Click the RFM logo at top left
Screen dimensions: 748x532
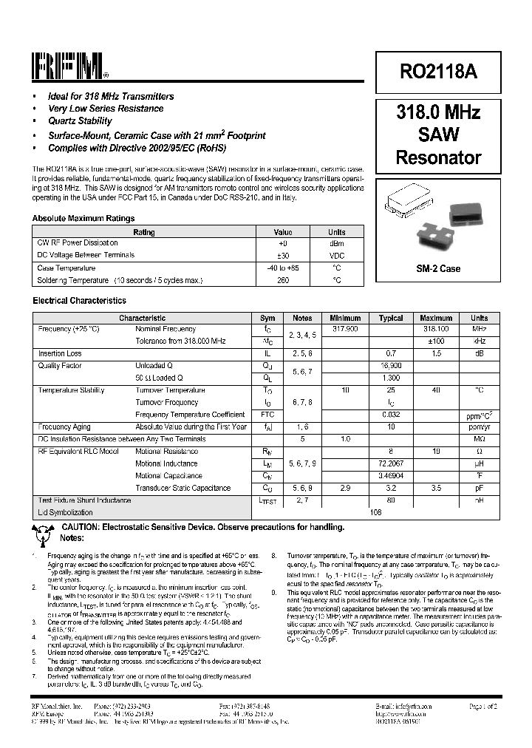pos(70,67)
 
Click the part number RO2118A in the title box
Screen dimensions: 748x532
pos(438,71)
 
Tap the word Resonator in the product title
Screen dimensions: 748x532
pos(438,157)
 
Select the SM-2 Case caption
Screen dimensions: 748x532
pos(438,269)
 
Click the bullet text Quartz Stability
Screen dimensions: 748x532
pos(80,121)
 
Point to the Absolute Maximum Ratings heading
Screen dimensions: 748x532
pos(83,219)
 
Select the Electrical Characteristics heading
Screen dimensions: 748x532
pos(79,301)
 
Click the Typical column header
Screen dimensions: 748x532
pos(391,318)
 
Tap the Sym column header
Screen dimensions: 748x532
pos(267,318)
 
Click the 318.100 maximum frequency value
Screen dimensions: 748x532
pos(435,328)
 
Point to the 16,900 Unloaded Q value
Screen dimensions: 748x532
pos(391,365)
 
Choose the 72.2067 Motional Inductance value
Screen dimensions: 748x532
pos(391,463)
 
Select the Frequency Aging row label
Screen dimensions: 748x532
pos(64,426)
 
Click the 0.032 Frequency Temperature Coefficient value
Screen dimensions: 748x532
pos(391,415)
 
